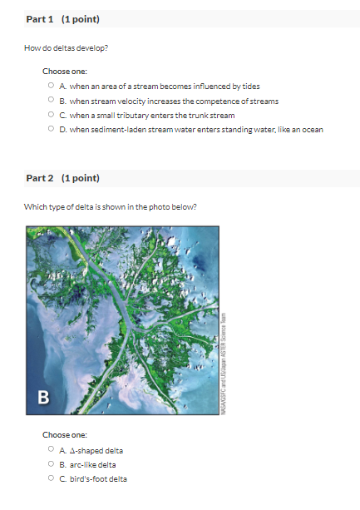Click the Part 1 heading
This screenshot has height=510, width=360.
[63, 19]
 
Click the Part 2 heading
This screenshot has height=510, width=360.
[63, 178]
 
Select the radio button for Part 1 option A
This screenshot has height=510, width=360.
[51, 85]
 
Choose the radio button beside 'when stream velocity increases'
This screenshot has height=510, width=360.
[51, 100]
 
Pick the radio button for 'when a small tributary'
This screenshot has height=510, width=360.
[51, 115]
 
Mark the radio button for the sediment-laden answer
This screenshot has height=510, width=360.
[51, 129]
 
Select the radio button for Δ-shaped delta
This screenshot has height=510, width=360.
[51, 450]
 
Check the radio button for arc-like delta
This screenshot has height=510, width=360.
[51, 464]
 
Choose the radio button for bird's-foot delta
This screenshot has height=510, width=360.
[51, 478]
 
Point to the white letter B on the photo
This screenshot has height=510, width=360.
[41, 396]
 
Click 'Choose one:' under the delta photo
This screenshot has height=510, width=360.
[65, 435]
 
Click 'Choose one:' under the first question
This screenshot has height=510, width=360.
[65, 71]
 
